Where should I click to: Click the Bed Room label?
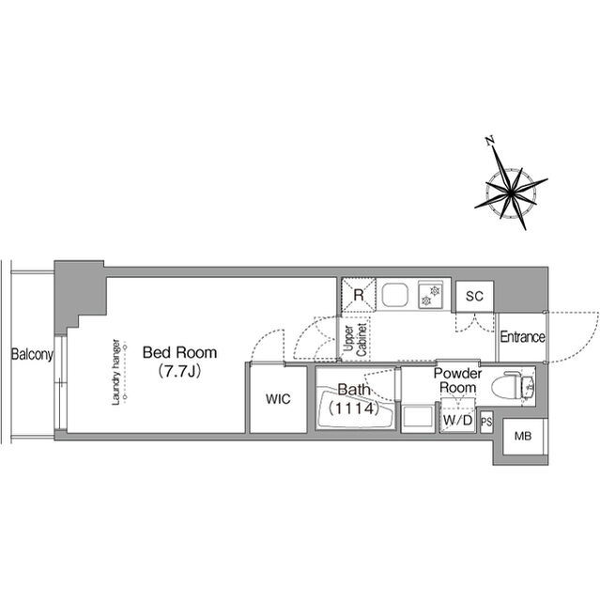pyautogui.click(x=179, y=353)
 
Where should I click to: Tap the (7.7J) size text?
pyautogui.click(x=179, y=371)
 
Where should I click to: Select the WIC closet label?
pyautogui.click(x=278, y=399)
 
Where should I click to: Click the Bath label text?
pyautogui.click(x=354, y=390)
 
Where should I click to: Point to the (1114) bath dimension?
pyautogui.click(x=354, y=408)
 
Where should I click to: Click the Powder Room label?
pyautogui.click(x=458, y=379)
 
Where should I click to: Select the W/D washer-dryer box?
pyautogui.click(x=458, y=415)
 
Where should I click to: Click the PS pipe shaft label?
pyautogui.click(x=486, y=422)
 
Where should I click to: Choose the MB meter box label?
pyautogui.click(x=523, y=436)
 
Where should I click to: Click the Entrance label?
pyautogui.click(x=523, y=337)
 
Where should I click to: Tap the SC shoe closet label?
pyautogui.click(x=474, y=296)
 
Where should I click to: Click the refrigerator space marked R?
pyautogui.click(x=359, y=295)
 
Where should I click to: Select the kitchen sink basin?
pyautogui.click(x=395, y=294)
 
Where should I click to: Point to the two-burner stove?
pyautogui.click(x=430, y=295)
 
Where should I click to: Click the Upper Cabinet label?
pyautogui.click(x=355, y=339)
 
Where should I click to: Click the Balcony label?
pyautogui.click(x=32, y=355)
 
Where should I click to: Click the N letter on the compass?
pyautogui.click(x=490, y=141)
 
